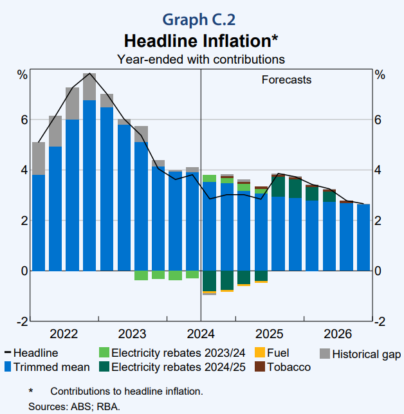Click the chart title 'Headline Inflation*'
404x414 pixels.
[x=201, y=41]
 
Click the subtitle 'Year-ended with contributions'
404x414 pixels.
[x=201, y=59]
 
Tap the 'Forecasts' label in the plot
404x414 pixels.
[x=286, y=80]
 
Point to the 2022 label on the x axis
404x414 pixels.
[x=64, y=334]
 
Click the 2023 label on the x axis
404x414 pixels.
[x=133, y=334]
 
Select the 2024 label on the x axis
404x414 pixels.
[x=201, y=334]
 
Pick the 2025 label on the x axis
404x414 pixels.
[x=270, y=334]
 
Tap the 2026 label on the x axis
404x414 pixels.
[x=338, y=334]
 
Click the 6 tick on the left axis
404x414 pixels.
[x=23, y=120]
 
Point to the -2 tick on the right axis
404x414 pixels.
[x=380, y=321]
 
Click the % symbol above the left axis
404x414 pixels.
[x=23, y=75]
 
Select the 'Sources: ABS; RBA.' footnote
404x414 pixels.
[x=74, y=406]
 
